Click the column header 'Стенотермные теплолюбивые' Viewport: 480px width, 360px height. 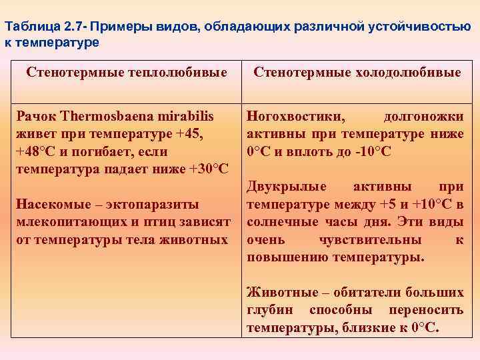126,72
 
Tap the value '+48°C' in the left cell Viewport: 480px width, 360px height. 37,151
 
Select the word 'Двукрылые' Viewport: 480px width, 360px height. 280,187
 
